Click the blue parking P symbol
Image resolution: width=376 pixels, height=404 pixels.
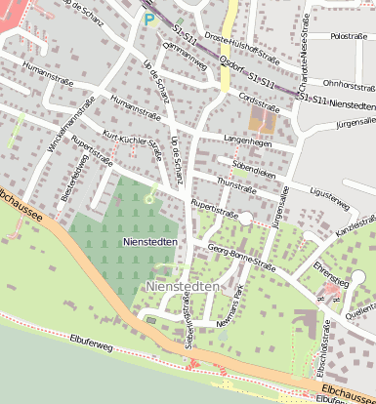148,19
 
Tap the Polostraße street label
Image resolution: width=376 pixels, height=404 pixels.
348,36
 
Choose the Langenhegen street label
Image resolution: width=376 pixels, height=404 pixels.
244,141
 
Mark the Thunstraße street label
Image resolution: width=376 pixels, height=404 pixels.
236,183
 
